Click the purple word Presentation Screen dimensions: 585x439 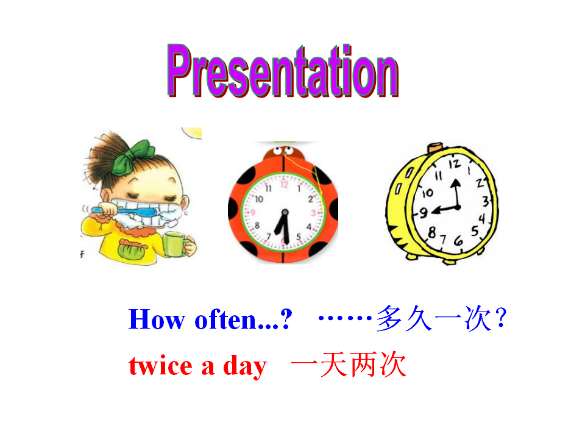coord(283,71)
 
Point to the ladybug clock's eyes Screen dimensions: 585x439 coord(283,151)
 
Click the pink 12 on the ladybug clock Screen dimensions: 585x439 coord(285,184)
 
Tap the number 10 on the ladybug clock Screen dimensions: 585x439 coord(259,199)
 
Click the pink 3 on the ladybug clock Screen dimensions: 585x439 coord(313,213)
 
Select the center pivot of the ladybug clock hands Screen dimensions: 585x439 coord(285,212)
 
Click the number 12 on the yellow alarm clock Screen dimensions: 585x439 coord(455,163)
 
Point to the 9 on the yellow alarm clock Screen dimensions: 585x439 coord(423,213)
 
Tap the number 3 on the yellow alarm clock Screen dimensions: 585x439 coord(485,202)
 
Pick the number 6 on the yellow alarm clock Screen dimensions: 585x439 coord(458,241)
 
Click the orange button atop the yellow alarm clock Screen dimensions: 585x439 coord(435,148)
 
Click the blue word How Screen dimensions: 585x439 coord(157,319)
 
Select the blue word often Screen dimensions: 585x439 coord(225,319)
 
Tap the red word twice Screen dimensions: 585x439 coord(161,366)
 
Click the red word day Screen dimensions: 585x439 coord(245,367)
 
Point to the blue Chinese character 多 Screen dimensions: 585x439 coord(389,318)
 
